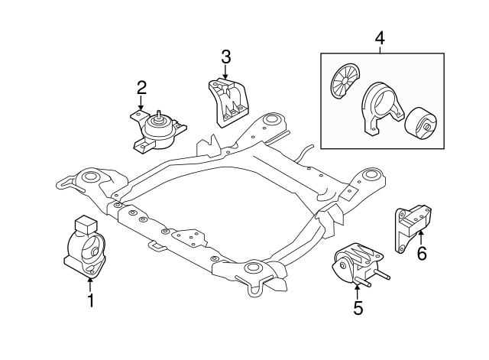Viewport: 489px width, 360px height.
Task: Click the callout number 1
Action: point(90,301)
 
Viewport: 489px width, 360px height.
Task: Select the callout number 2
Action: point(141,90)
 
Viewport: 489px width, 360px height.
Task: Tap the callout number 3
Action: point(225,56)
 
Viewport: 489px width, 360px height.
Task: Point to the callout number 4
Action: point(380,37)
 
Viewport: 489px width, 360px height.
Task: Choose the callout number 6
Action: point(421,253)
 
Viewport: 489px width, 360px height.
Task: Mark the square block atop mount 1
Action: point(83,223)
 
